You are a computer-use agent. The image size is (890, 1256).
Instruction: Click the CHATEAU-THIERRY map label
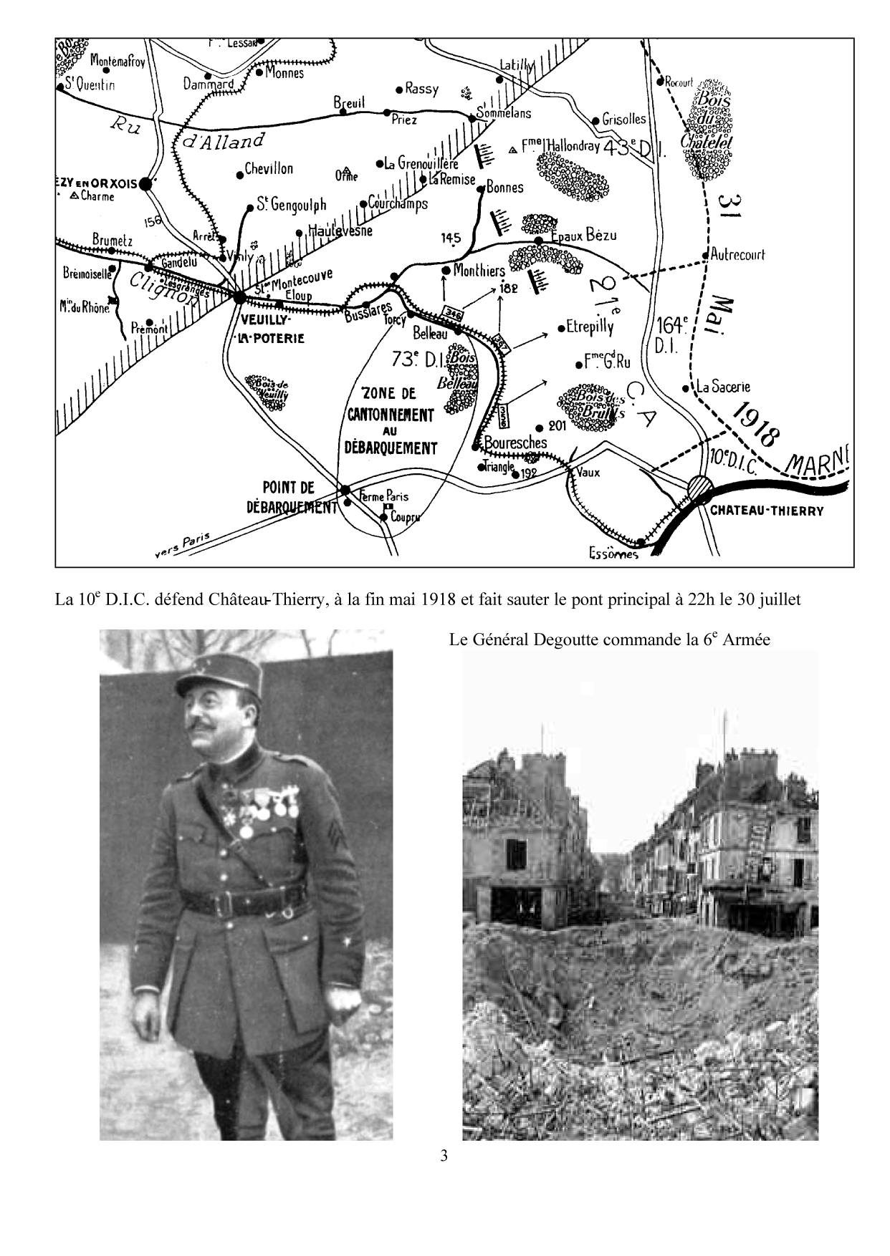click(x=767, y=511)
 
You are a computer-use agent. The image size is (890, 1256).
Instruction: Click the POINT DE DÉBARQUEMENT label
click(x=289, y=497)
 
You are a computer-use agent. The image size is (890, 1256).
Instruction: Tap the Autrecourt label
click(x=738, y=254)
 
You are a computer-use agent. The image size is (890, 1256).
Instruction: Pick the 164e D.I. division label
click(x=671, y=334)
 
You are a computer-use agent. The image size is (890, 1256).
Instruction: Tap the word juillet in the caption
click(x=775, y=599)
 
